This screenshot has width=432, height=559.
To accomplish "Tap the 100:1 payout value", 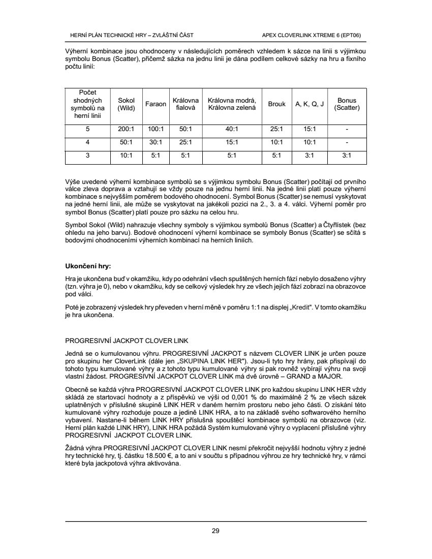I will point(156,129).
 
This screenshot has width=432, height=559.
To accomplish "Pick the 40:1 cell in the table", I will point(232,129).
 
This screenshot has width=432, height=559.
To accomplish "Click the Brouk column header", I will point(276,104).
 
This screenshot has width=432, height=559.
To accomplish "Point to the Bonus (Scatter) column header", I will point(347,104).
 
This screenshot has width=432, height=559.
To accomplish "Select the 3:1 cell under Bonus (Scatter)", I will point(347,156).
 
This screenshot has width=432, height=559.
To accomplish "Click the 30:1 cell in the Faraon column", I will point(156,143).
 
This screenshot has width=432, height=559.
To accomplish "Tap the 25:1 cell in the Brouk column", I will point(276,129).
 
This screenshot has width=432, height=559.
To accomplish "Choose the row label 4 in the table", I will point(88,143).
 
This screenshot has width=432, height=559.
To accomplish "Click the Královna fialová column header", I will point(186,104).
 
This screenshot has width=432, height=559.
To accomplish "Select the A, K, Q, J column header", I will point(310,104).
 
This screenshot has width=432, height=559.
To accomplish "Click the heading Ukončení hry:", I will point(88,266).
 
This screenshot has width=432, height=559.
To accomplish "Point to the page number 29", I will point(215,531).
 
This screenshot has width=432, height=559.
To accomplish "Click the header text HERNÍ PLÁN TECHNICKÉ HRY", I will point(106,35).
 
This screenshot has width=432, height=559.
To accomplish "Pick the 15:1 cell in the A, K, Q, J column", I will point(310,129).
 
